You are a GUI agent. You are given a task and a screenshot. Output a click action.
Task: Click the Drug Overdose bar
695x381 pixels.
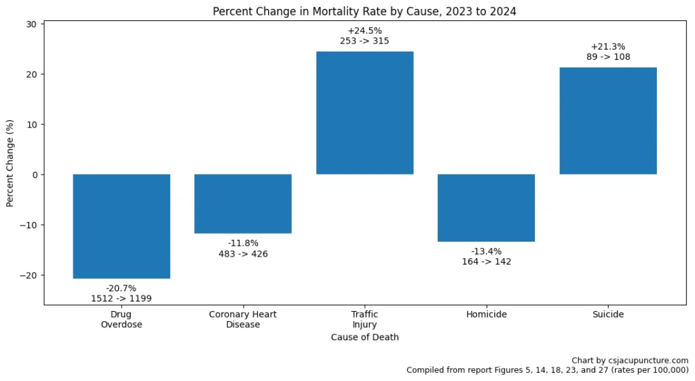click(121, 226)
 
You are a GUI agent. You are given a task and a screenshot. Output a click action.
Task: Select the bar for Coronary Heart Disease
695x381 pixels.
click(243, 204)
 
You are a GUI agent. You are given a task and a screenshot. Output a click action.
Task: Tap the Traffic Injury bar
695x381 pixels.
click(364, 113)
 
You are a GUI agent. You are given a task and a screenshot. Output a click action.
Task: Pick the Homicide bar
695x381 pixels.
click(486, 208)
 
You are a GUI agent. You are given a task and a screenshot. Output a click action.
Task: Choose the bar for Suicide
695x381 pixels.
click(607, 121)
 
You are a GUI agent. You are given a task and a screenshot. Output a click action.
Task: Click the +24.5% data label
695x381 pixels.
click(364, 31)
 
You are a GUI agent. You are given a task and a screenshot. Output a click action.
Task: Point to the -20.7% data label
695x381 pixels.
click(121, 288)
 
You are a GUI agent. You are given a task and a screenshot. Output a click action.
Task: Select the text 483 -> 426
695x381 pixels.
click(243, 254)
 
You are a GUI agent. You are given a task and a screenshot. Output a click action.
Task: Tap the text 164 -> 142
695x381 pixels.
click(486, 261)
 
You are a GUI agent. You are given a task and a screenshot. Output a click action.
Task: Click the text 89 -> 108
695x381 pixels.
click(607, 57)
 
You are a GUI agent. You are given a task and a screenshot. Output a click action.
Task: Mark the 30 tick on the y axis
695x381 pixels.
click(32, 24)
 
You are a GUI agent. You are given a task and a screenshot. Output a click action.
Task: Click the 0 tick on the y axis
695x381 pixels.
click(35, 175)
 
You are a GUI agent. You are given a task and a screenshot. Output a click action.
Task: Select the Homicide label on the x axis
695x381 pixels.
click(486, 314)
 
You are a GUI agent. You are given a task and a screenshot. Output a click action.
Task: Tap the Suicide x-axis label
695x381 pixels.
click(607, 314)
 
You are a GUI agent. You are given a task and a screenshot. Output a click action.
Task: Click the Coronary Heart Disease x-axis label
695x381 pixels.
click(243, 319)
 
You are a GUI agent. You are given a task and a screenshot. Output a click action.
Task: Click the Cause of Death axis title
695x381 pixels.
click(364, 337)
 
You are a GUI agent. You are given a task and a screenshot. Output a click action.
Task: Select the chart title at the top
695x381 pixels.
click(364, 12)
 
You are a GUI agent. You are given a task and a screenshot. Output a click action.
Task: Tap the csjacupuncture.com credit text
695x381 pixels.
click(630, 360)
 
